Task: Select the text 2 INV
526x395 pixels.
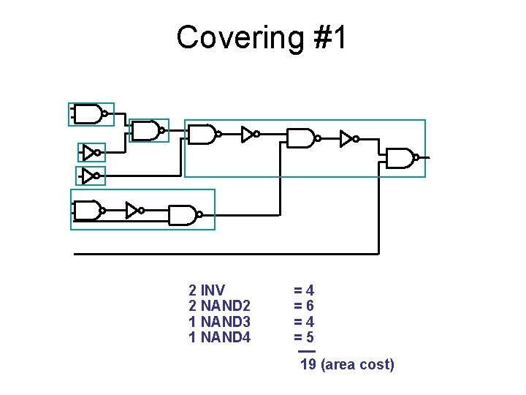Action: (207, 290)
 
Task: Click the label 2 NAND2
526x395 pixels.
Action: (219, 306)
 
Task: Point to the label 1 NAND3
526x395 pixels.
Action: (219, 322)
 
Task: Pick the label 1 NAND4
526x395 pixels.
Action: (219, 338)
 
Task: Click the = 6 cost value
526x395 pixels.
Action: (304, 306)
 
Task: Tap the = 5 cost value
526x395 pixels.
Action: (304, 338)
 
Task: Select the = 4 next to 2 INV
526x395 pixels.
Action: (304, 290)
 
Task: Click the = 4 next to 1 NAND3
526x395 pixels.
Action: (304, 322)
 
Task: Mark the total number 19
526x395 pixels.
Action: (308, 364)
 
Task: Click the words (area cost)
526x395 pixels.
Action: (357, 364)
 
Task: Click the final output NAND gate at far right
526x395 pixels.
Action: (401, 157)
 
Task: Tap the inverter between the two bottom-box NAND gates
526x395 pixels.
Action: (134, 210)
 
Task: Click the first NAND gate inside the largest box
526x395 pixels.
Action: (203, 135)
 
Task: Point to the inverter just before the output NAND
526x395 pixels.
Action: (349, 138)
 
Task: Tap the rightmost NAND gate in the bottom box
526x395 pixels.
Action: (183, 214)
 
